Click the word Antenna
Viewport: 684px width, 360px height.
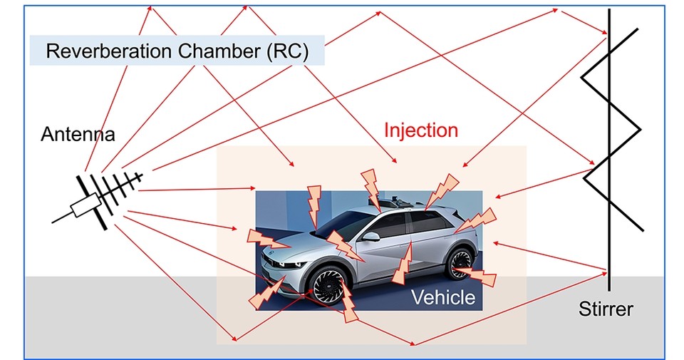(78, 134)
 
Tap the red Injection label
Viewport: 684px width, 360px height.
(420, 130)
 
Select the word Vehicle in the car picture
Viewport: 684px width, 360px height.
(442, 297)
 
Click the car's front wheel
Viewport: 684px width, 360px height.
(329, 290)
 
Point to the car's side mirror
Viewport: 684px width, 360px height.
(370, 236)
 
